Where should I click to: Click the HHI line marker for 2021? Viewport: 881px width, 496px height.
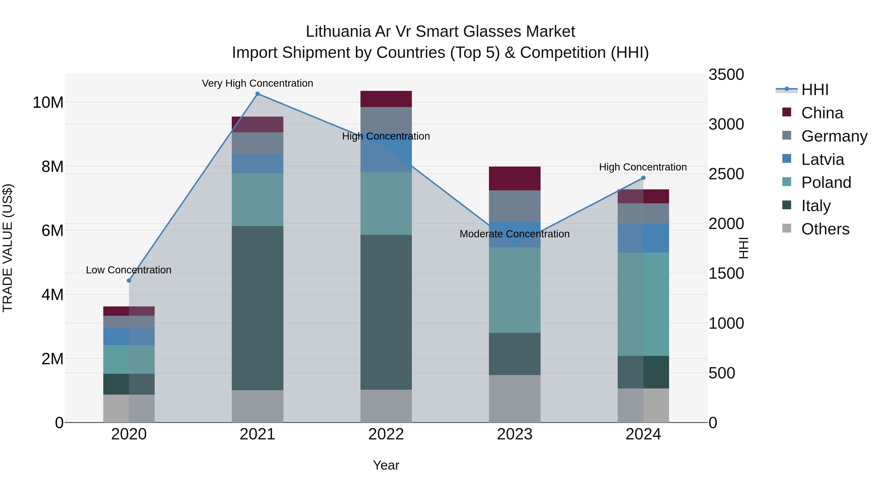click(257, 94)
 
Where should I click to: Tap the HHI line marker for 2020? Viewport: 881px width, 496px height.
click(129, 281)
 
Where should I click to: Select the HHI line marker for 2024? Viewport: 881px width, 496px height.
click(643, 178)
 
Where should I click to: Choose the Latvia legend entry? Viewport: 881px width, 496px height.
click(823, 159)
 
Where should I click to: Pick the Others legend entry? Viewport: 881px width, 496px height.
click(825, 229)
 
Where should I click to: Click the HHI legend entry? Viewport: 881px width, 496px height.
click(815, 90)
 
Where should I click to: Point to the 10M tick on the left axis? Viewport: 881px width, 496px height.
click(48, 102)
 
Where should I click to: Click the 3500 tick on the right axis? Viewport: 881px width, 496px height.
click(726, 75)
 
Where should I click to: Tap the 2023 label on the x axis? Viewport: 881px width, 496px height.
click(514, 434)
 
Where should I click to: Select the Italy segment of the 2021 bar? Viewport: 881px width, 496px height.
click(257, 308)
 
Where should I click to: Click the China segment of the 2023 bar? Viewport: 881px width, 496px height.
click(514, 178)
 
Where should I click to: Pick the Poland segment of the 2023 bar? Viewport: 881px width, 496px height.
click(514, 290)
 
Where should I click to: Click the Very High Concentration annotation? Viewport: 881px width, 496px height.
click(257, 84)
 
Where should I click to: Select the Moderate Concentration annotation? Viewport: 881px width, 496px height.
click(514, 234)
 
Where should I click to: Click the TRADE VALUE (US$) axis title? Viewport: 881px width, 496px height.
click(8, 248)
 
